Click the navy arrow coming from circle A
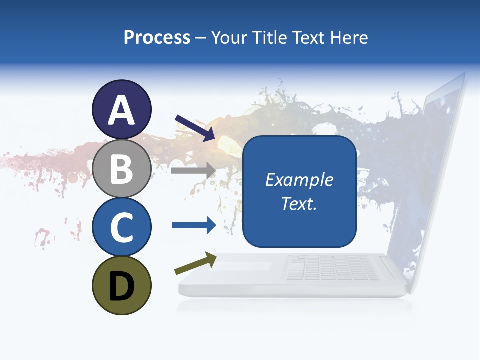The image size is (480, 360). [195, 128]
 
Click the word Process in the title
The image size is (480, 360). [157, 38]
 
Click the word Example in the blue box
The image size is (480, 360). [299, 180]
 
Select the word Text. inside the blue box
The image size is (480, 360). [299, 204]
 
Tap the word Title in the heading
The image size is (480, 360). [268, 38]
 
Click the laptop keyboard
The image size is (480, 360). [332, 269]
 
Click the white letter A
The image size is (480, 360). [121, 110]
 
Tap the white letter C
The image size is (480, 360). [121, 227]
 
